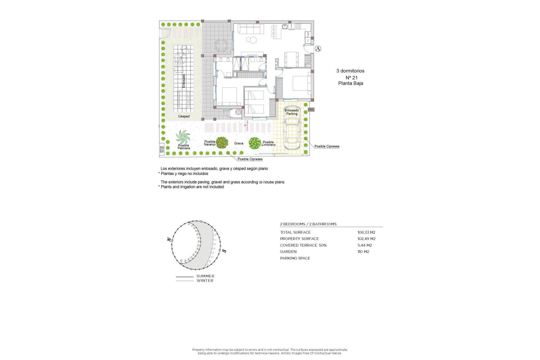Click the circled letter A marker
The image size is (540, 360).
tap(318, 49)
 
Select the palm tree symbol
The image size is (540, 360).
tap(183, 137)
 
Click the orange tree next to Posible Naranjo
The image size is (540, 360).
tap(222, 143)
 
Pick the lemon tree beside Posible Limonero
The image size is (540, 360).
tap(255, 143)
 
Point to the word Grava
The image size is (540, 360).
tap(238, 143)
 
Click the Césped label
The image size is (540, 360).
tap(184, 116)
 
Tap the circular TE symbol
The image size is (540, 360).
tap(238, 112)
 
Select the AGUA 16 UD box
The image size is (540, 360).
tap(162, 149)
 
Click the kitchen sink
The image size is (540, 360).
tap(285, 27)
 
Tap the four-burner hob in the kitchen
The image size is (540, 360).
tap(298, 26)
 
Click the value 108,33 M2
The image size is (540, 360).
tap(366, 232)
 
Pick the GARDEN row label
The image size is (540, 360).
tap(288, 252)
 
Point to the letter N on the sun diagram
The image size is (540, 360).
tap(169, 240)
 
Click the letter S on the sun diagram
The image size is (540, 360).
tap(224, 251)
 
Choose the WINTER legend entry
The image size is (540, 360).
tap(205, 281)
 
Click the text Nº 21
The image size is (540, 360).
tap(351, 78)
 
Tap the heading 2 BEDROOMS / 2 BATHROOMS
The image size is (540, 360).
tap(308, 224)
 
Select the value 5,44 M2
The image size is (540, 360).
tap(364, 245)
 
